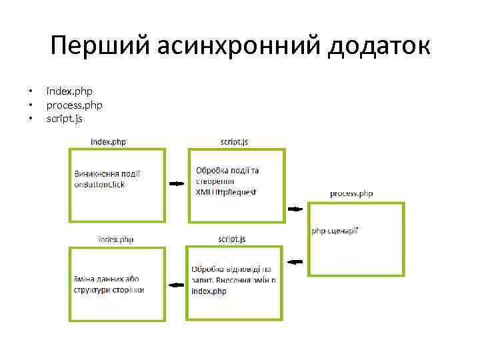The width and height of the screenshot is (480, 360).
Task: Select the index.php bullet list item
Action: [69, 91]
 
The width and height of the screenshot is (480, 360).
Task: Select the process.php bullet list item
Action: [74, 105]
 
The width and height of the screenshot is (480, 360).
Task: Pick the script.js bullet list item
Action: [65, 119]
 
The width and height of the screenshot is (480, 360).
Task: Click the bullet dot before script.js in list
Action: [30, 119]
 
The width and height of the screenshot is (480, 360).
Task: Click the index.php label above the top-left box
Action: [108, 141]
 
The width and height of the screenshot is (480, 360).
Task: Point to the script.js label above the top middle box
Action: [234, 141]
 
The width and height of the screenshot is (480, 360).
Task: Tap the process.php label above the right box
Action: [351, 194]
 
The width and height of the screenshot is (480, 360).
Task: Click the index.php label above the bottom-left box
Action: [116, 239]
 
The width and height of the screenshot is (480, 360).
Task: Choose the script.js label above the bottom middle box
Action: [232, 239]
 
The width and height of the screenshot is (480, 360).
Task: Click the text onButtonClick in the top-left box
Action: [99, 185]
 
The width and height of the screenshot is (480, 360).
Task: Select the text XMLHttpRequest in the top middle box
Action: [226, 192]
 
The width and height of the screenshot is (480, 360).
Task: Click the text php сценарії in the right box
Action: [335, 231]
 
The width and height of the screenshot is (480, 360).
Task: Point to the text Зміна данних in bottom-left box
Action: [97, 279]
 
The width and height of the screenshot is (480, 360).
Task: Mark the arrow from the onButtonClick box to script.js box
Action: [177, 183]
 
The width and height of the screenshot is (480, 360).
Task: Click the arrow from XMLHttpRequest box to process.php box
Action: [295, 209]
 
